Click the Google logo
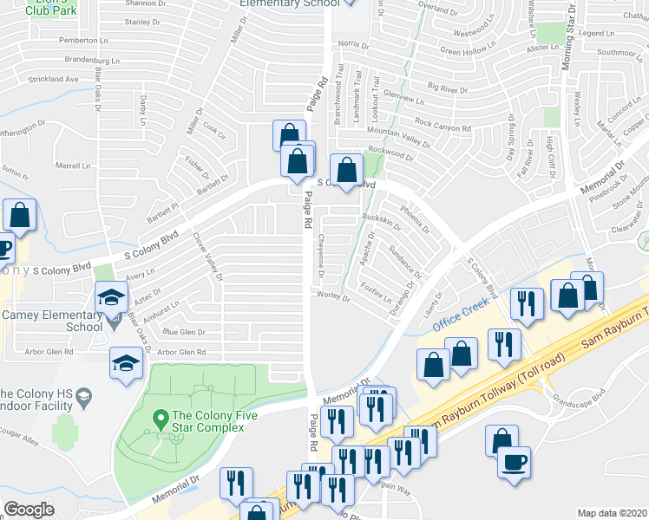29,510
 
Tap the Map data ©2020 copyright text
612,513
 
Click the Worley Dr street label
333,297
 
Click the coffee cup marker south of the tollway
515,461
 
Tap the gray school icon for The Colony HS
83,398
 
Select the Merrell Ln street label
73,165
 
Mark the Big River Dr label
450,88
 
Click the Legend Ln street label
596,33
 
